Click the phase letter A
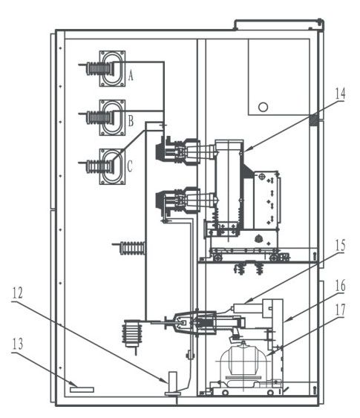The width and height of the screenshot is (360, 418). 131,75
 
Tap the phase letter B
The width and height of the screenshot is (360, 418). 131,121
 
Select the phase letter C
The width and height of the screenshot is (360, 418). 130,166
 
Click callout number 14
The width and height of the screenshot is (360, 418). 340,94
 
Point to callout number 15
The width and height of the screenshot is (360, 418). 340,246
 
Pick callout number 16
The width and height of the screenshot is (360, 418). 340,286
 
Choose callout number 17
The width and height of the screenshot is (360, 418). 340,310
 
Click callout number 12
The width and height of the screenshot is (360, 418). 17,293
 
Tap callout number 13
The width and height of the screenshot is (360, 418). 17,344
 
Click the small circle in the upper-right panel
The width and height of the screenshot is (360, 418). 263,107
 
